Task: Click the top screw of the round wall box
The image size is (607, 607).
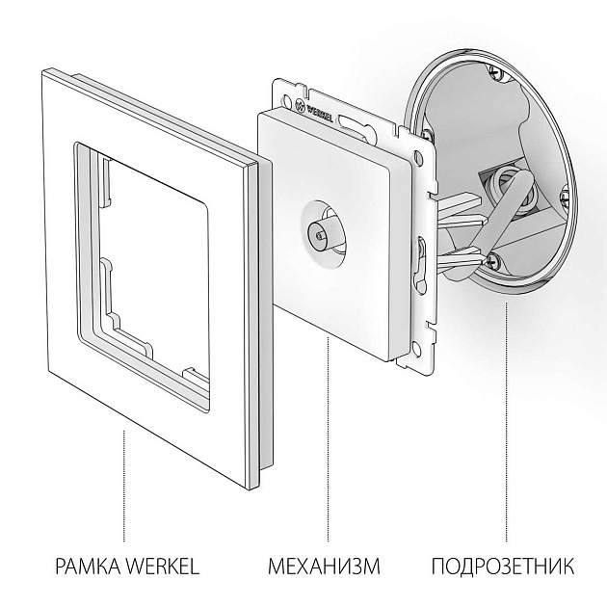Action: [495, 74]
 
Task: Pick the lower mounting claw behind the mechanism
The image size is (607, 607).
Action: [461, 254]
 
